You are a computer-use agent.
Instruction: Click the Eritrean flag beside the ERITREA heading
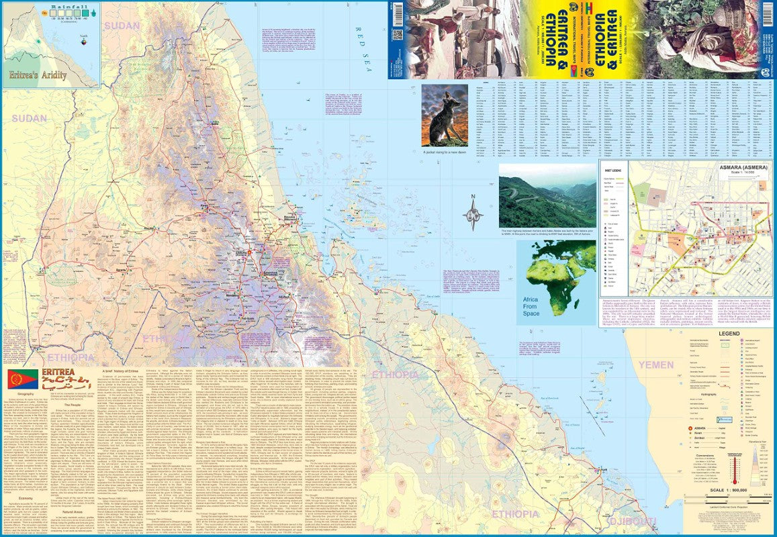point(22,379)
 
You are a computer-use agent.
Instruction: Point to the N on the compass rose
point(473,196)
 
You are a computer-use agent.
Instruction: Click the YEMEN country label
point(655,364)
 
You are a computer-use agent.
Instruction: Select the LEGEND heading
point(729,334)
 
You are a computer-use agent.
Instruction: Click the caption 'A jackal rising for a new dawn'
point(444,152)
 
